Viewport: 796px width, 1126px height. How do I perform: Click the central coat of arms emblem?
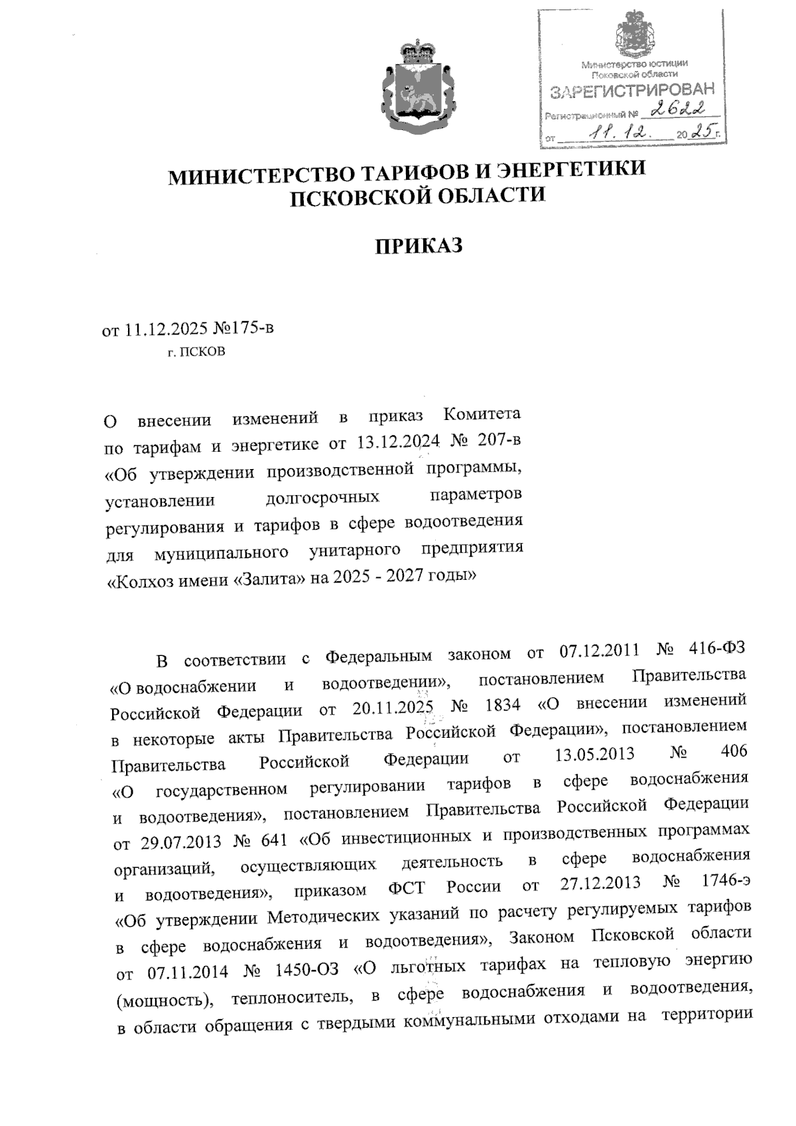tap(417, 85)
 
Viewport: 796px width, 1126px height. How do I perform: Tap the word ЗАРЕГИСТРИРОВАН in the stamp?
tap(633, 91)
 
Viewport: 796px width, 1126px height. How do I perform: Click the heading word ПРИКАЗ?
tap(418, 246)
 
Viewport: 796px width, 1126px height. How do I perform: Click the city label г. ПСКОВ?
tap(196, 352)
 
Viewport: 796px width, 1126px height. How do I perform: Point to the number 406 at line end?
tap(733, 751)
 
